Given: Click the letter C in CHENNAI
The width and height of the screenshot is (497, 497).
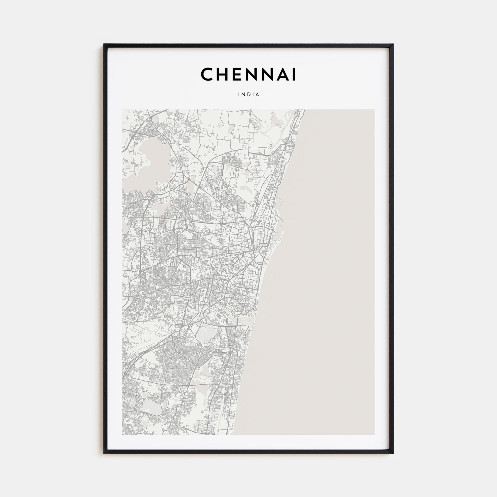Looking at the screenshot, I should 207,74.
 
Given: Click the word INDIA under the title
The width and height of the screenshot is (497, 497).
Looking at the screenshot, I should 248,94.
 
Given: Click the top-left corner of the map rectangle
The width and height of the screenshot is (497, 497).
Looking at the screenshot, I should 123,110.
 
